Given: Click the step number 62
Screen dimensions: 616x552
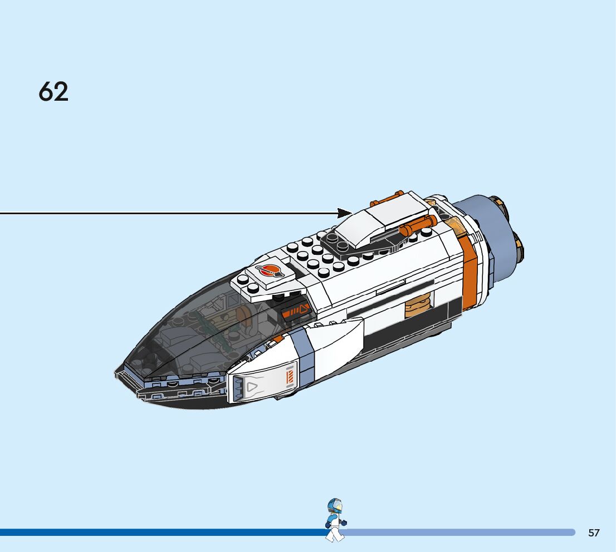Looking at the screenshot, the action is (x=53, y=92).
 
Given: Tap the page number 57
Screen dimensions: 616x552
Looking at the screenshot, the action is (x=594, y=533).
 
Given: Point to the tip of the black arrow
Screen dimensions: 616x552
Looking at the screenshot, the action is (x=350, y=213).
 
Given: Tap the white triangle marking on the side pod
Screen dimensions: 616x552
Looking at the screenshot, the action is (x=252, y=385).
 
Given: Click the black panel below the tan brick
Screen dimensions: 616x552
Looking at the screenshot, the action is (x=407, y=329).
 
